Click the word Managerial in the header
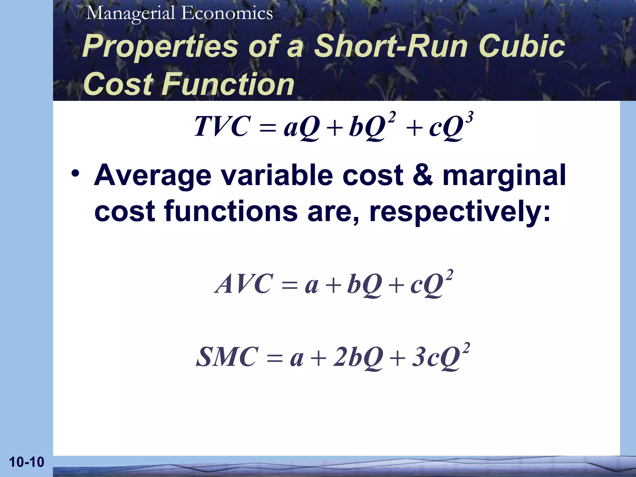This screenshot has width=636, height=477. [130, 14]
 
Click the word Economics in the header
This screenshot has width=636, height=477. [227, 14]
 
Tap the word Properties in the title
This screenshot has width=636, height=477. [160, 47]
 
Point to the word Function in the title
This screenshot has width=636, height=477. [228, 84]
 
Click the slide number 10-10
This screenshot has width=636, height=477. [27, 462]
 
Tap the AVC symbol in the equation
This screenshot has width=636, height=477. [243, 284]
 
